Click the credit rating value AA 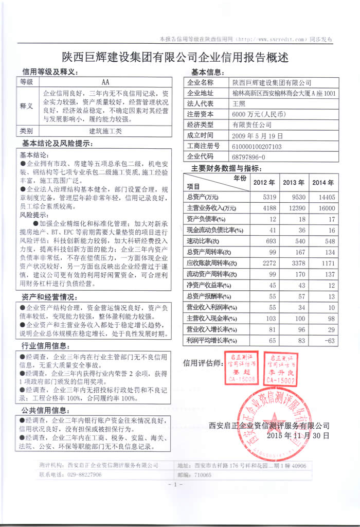pos(106,82)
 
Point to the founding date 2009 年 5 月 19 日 pos(258,136)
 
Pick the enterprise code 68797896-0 pos(249,156)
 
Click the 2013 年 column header pos(294,183)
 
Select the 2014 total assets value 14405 pos(327,197)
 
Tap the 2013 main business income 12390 pos(295,208)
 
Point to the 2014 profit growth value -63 pos(329,341)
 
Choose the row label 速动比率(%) pos(203,241)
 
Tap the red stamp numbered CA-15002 pos(280,368)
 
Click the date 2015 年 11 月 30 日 pos(298,435)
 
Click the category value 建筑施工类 pos(106,131)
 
